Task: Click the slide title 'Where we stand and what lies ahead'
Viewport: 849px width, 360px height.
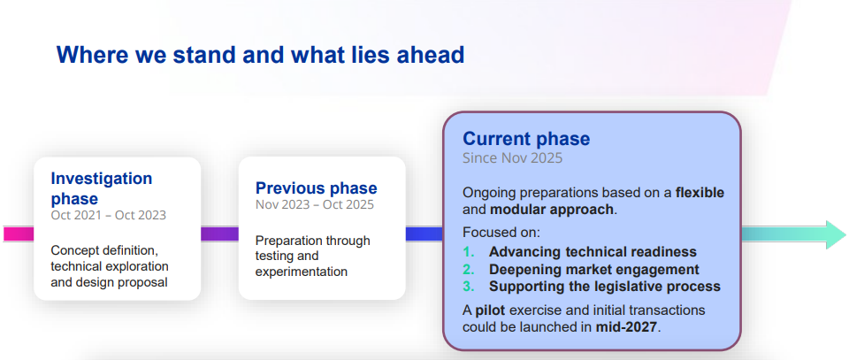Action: (260, 55)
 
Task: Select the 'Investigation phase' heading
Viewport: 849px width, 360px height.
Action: (102, 188)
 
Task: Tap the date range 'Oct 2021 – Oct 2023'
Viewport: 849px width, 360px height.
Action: (108, 215)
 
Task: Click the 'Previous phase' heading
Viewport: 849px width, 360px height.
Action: (317, 188)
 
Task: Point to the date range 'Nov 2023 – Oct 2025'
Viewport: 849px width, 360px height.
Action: (315, 204)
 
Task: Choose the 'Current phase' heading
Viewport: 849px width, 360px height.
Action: (526, 139)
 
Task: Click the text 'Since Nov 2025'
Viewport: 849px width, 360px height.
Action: (512, 158)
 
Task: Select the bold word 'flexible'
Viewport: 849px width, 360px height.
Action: (700, 193)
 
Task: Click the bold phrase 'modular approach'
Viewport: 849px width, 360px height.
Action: (552, 210)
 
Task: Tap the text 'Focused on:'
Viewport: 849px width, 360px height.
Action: (501, 233)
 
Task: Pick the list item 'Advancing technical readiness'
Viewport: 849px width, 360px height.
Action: (593, 252)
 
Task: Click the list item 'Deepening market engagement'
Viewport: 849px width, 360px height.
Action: (594, 269)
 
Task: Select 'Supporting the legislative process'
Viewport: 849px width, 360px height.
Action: (605, 287)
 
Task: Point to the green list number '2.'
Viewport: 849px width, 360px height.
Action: (469, 269)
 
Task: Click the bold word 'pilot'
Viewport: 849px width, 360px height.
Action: (491, 310)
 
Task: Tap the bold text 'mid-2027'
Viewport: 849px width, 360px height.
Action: (626, 327)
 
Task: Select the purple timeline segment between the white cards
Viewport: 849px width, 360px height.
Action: (219, 234)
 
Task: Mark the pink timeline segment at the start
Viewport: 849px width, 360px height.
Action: (19, 234)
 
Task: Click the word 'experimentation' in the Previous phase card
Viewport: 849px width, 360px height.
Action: (301, 272)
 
